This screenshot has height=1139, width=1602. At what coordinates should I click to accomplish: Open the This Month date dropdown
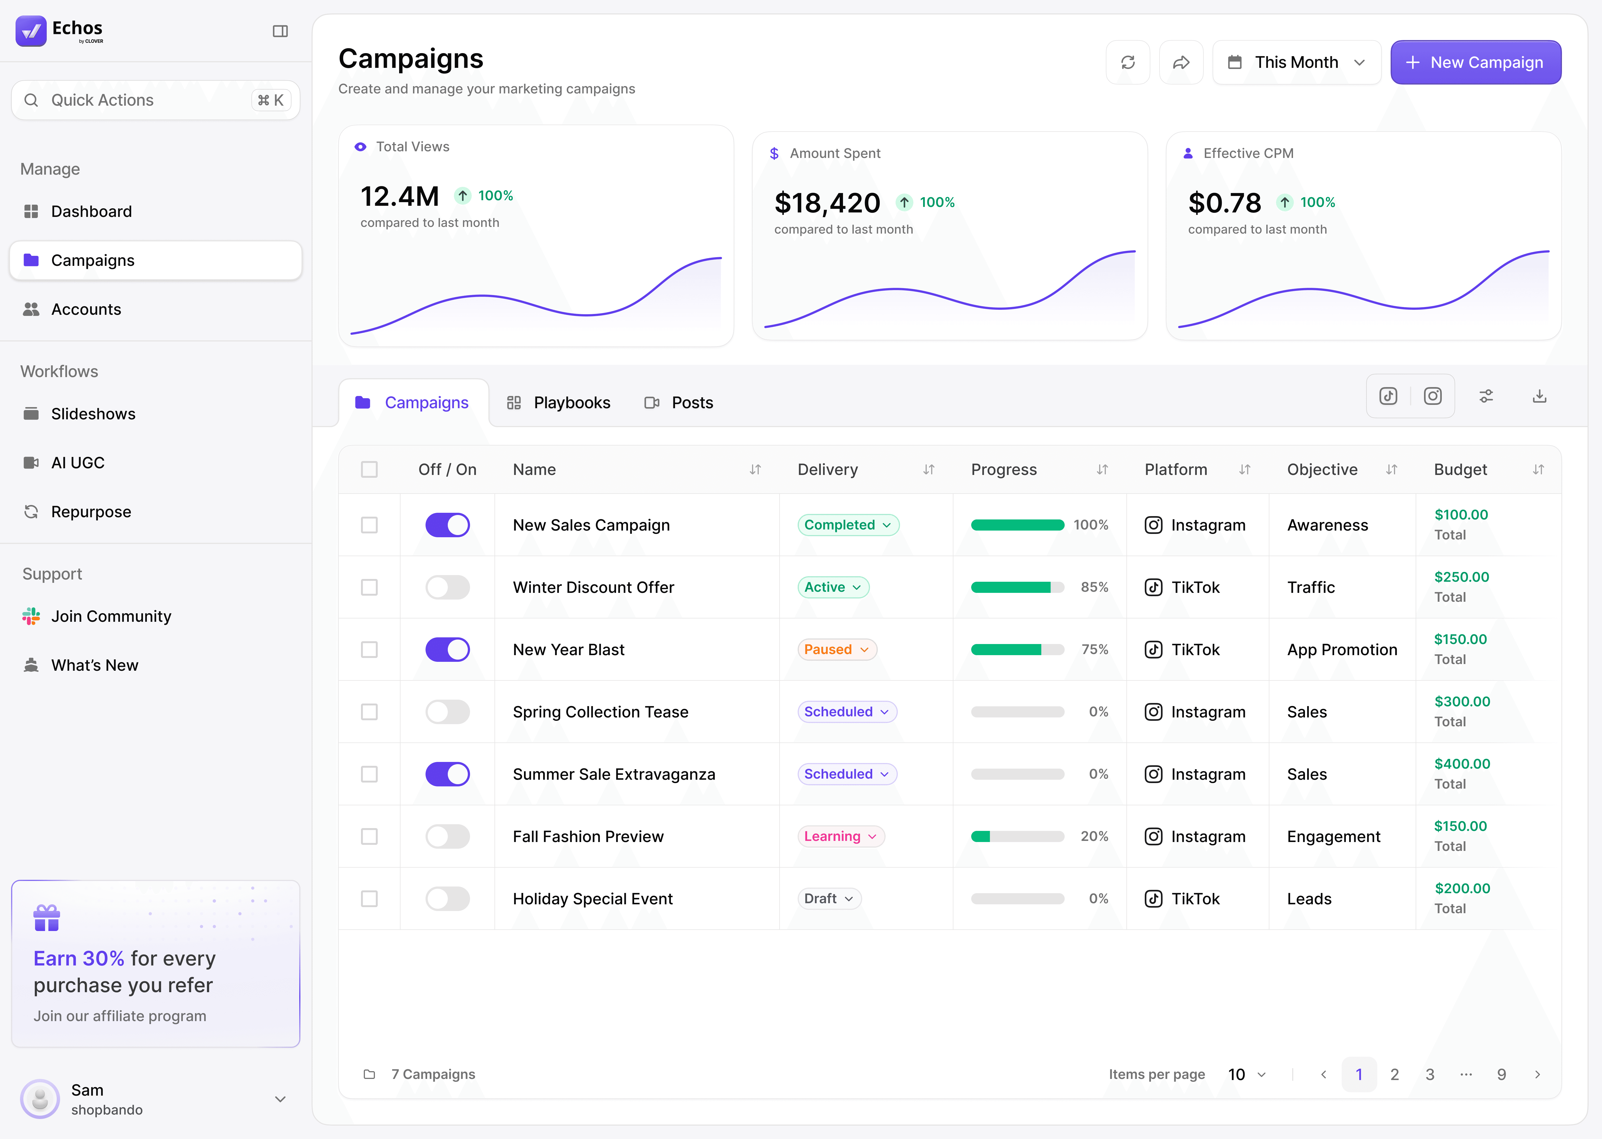1296,62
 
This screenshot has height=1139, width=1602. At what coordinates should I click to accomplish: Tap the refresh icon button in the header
1127,62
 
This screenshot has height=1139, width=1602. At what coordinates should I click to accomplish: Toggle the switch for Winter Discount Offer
448,587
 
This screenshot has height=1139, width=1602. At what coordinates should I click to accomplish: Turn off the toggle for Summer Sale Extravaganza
448,774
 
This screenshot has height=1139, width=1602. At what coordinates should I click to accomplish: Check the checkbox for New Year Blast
369,650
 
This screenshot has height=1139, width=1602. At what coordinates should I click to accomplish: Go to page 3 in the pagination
1430,1074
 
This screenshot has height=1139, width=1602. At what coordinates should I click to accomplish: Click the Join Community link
111,616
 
